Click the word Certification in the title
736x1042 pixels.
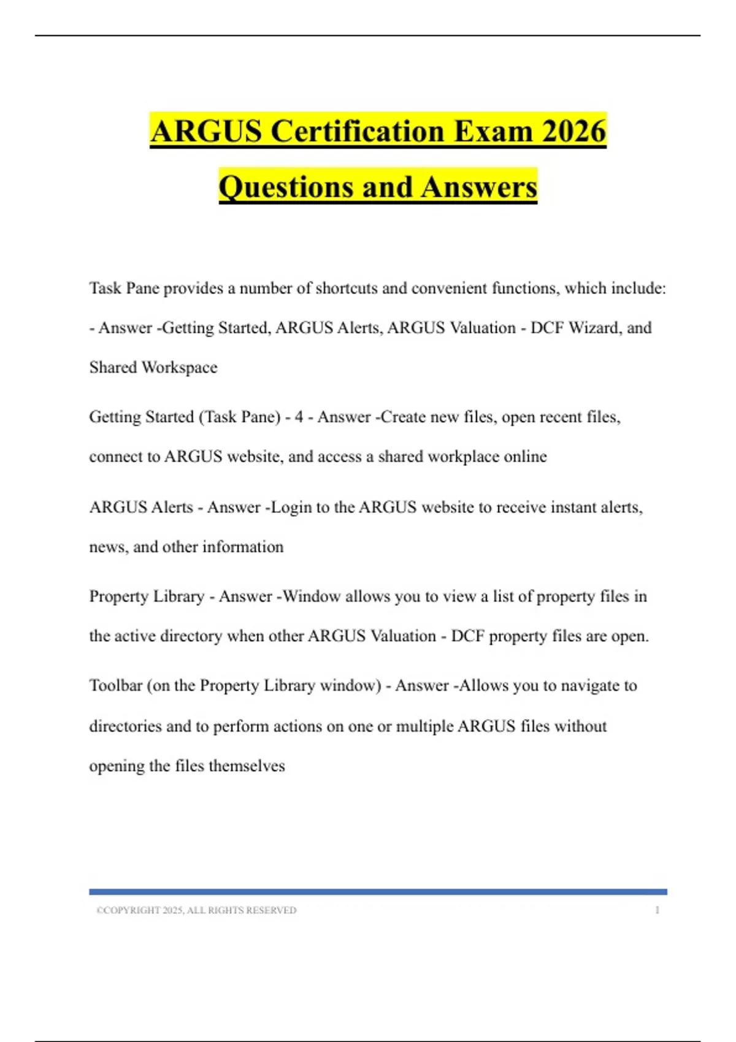[358, 131]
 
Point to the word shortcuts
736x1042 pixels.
[345, 288]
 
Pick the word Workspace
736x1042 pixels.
[179, 368]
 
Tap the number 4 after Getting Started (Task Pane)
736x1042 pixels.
[299, 417]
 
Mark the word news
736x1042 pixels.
[108, 547]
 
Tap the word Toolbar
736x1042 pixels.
[115, 686]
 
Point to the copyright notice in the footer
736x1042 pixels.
[196, 911]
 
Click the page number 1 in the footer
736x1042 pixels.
[657, 911]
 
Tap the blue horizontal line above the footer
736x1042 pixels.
[378, 892]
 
